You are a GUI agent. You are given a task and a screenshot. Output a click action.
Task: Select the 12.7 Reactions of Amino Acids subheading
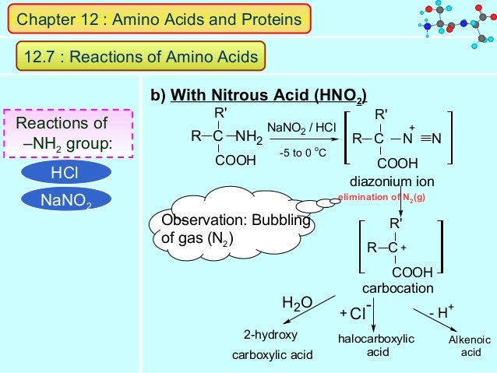140,56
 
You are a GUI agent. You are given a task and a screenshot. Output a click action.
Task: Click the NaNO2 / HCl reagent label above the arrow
301,127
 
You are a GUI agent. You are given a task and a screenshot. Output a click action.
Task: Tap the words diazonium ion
391,182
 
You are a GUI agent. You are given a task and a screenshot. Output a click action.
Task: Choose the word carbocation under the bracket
397,289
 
